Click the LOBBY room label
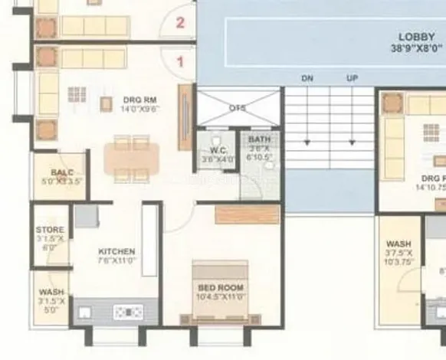[416, 37]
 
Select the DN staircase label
[307, 78]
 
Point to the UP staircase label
[353, 78]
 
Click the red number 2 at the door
[180, 21]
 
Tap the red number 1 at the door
[181, 63]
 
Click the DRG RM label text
[139, 99]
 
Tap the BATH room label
[255, 139]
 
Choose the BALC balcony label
[62, 172]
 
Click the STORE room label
[50, 230]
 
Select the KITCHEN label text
[116, 251]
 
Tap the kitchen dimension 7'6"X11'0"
[116, 261]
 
